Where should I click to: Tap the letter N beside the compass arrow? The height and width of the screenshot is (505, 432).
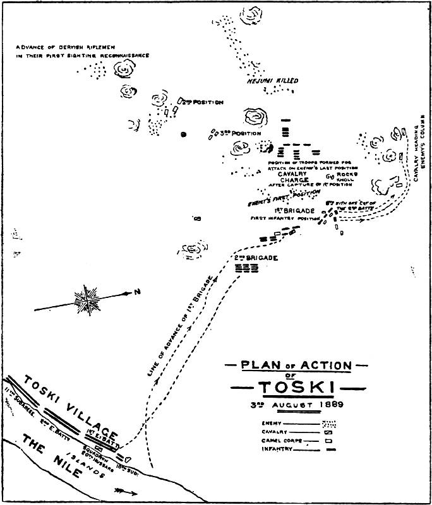coord(136,292)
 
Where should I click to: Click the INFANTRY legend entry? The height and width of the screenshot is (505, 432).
coord(277,449)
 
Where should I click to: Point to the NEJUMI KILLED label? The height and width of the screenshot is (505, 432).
coord(272,81)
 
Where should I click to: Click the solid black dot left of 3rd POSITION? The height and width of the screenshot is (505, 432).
coord(184,134)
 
